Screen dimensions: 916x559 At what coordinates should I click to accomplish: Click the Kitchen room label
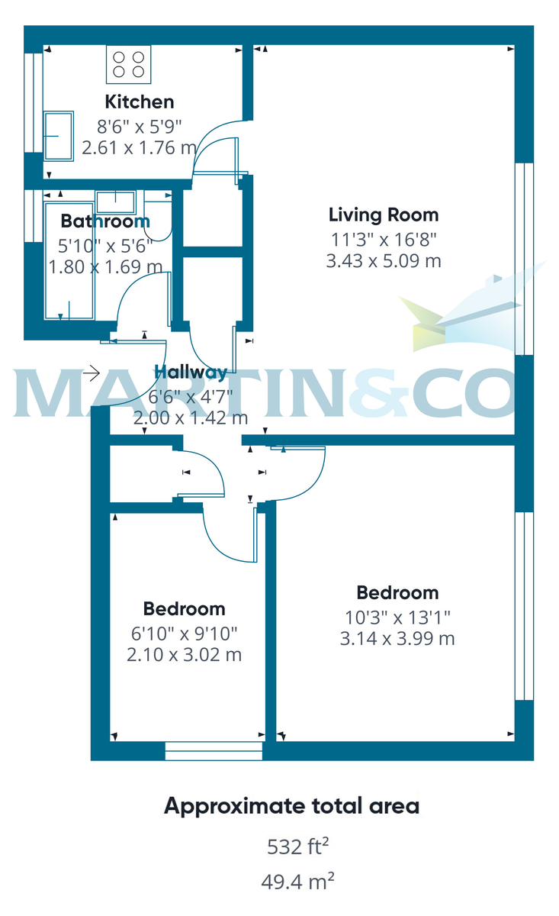(139, 102)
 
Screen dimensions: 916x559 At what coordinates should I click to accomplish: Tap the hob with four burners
(129, 63)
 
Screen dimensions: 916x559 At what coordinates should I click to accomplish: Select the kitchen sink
(59, 136)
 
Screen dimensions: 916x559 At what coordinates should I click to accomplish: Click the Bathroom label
(105, 221)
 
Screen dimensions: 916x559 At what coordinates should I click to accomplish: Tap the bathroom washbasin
(116, 201)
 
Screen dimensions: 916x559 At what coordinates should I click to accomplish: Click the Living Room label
(383, 214)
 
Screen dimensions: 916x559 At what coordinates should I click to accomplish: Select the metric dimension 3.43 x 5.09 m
(383, 261)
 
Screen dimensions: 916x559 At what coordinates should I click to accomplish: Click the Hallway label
(191, 373)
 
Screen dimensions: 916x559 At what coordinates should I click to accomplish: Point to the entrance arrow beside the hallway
(92, 373)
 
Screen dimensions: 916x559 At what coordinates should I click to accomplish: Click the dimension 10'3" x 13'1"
(397, 616)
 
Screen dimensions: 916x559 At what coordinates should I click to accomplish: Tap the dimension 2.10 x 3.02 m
(184, 654)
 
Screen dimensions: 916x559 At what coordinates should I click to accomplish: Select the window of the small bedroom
(214, 751)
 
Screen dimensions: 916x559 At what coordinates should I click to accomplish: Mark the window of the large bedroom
(524, 605)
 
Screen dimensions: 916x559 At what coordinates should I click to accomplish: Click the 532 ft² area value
(298, 847)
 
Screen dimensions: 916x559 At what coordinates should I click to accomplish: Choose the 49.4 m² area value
(298, 882)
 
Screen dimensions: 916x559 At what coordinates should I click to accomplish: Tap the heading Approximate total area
(291, 806)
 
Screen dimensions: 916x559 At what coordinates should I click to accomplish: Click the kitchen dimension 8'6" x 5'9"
(139, 126)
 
